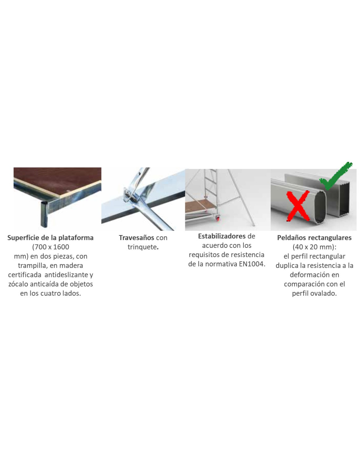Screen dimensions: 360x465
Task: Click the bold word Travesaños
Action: tap(136, 237)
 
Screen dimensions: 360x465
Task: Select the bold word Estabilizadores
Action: tap(222, 236)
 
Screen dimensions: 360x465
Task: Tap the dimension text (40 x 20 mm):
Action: tap(315, 247)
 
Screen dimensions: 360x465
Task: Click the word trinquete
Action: tap(142, 247)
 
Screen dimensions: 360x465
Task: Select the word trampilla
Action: tap(32, 266)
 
